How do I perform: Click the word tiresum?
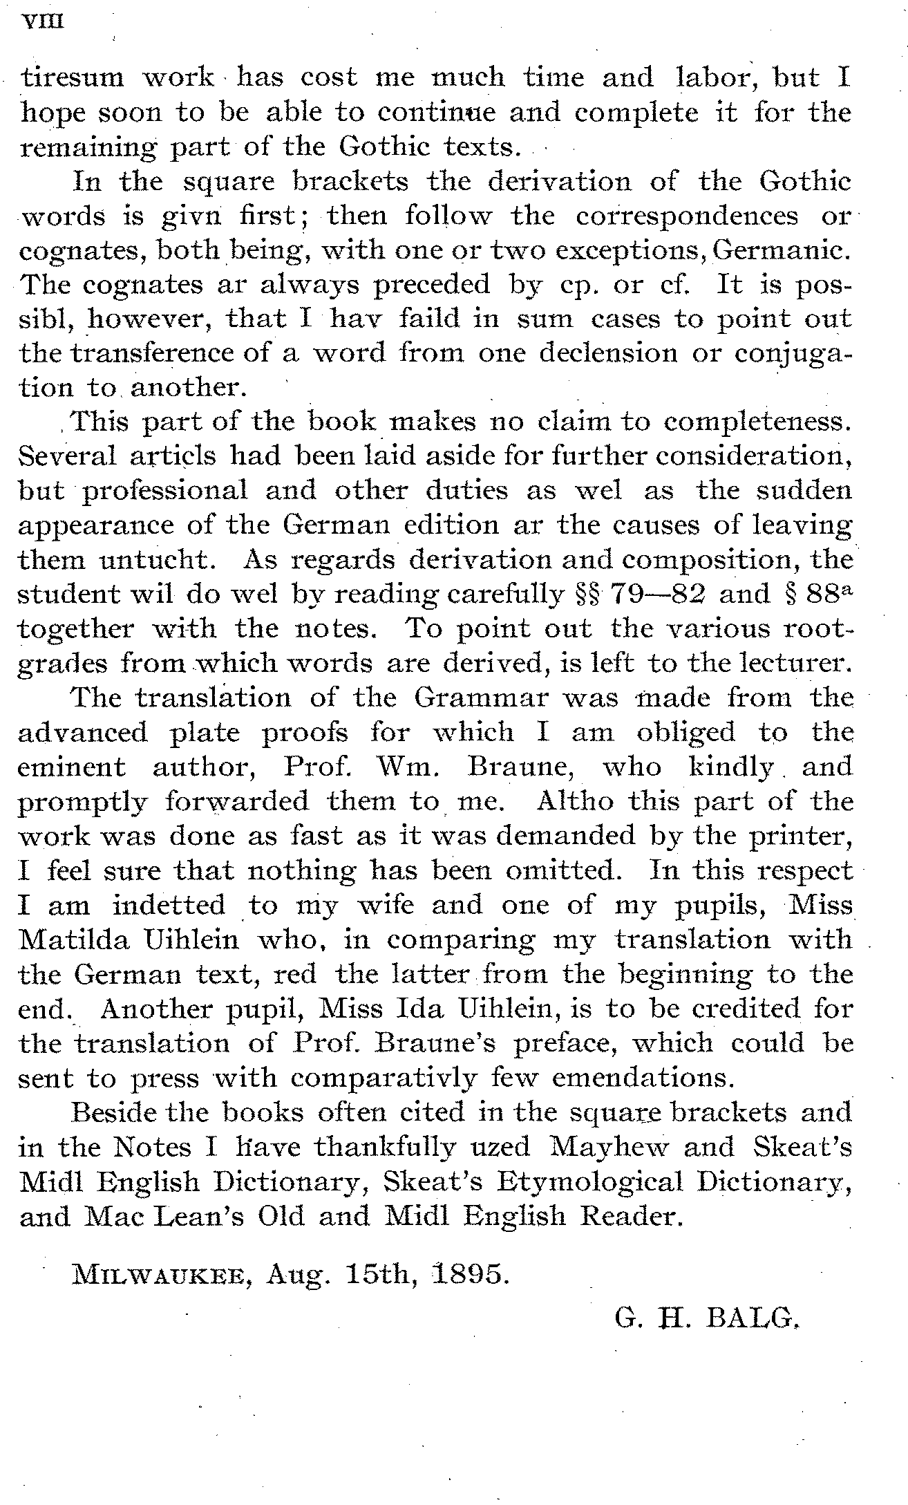(72, 77)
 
